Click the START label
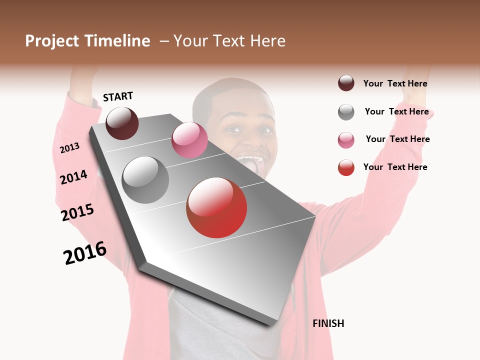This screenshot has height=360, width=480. click(118, 96)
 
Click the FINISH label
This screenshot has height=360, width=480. click(328, 323)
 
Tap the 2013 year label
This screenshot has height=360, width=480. click(70, 147)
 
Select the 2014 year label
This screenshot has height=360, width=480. click(74, 177)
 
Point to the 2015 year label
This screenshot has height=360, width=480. click(77, 212)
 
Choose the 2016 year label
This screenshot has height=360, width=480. click(85, 253)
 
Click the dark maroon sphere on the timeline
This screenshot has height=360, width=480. click(122, 123)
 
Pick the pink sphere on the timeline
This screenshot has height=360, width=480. click(189, 140)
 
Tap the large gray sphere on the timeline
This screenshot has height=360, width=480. click(145, 180)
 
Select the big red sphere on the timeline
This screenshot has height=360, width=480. click(216, 207)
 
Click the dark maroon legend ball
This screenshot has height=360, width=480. click(346, 83)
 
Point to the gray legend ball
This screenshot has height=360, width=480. click(346, 112)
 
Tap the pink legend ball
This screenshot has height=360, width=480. click(346, 140)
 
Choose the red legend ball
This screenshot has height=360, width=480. click(346, 167)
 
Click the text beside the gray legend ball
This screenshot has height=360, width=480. click(396, 111)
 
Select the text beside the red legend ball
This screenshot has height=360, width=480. click(395, 167)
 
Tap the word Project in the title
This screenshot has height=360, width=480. click(52, 41)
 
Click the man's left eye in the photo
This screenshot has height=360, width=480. click(265, 130)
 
